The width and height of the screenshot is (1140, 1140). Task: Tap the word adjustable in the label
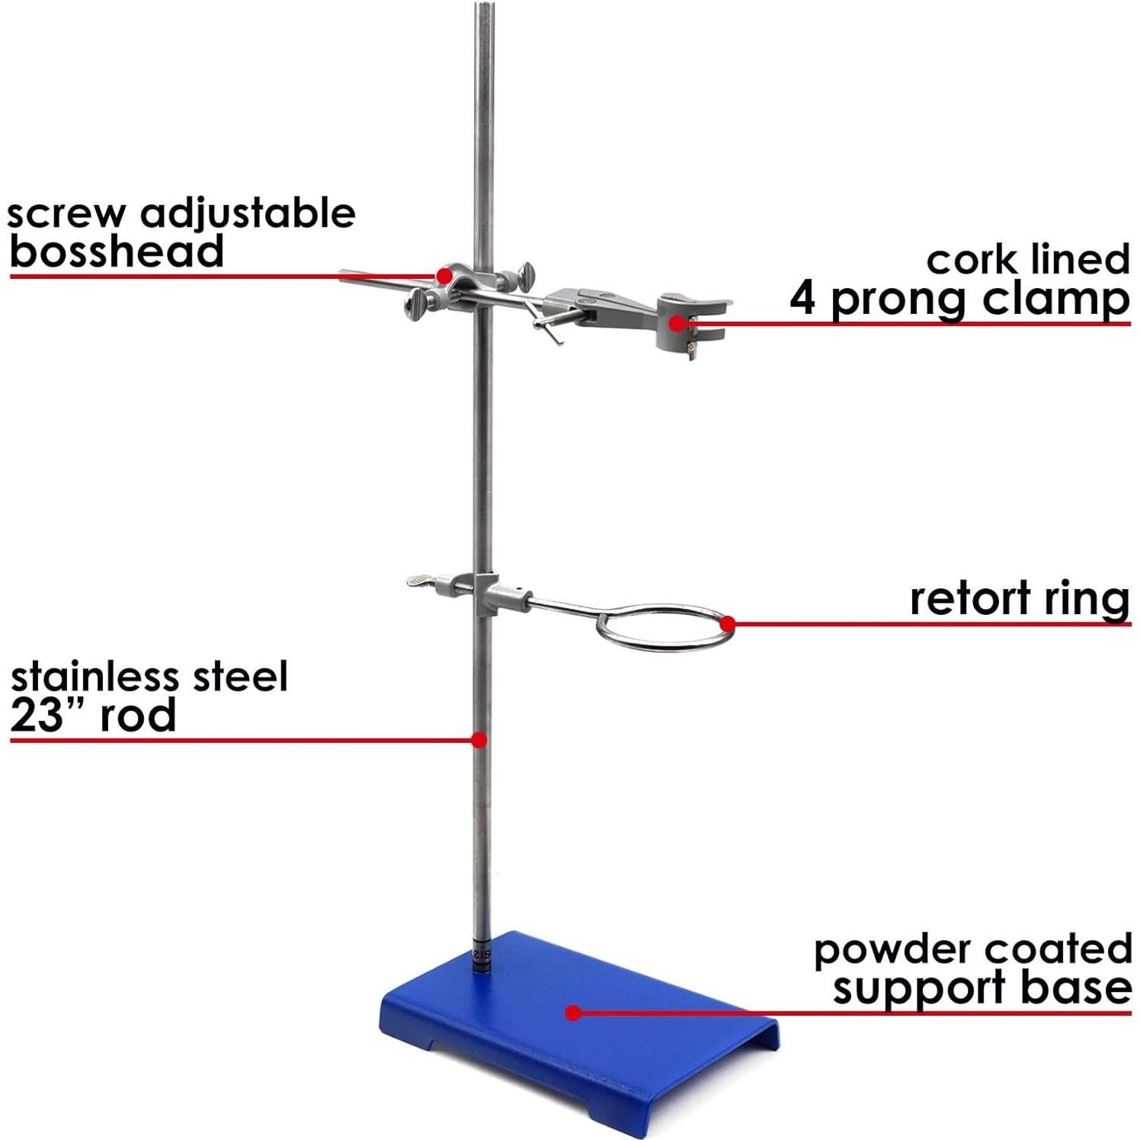tap(248, 215)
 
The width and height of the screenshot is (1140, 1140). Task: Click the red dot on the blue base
tap(574, 1013)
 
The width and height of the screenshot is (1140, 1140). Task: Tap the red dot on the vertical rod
tap(479, 739)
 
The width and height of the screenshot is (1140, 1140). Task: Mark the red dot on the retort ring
tap(728, 624)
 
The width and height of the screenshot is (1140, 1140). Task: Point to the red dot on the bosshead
tap(444, 274)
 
